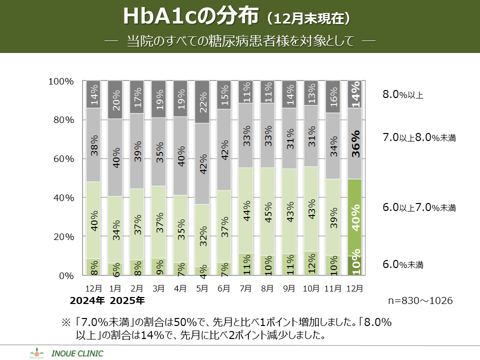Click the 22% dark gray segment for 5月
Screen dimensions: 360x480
[x=202, y=102]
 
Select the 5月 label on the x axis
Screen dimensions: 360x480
[x=202, y=288]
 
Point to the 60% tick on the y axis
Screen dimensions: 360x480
[x=64, y=159]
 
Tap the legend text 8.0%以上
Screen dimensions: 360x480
[x=403, y=94]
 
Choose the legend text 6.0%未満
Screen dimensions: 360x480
[x=403, y=264]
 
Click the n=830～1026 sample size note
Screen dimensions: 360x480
[x=420, y=301]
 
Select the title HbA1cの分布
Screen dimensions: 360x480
[x=190, y=16]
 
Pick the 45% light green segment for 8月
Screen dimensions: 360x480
[x=267, y=211]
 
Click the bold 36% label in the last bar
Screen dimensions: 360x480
[x=356, y=144]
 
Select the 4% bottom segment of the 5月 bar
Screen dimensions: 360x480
[x=202, y=271]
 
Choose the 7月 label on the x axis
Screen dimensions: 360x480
[x=246, y=288]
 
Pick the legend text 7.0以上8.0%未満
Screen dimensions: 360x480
[x=419, y=137]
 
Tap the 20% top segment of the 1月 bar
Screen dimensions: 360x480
[x=115, y=100]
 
